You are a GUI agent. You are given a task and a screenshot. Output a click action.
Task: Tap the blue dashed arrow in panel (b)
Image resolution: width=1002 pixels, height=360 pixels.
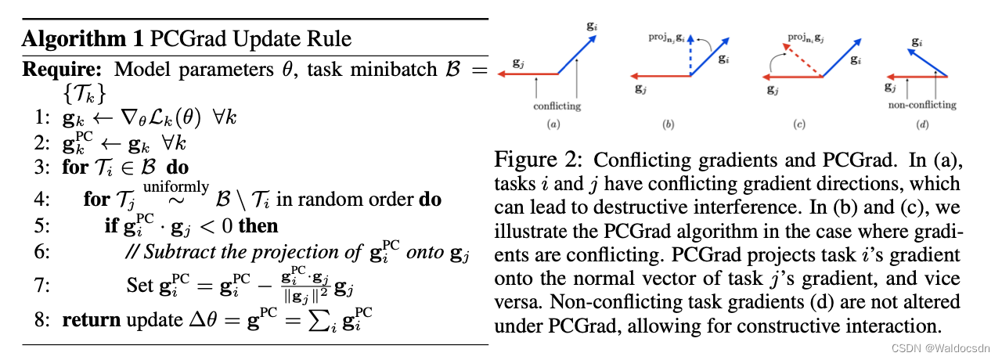[x=691, y=59]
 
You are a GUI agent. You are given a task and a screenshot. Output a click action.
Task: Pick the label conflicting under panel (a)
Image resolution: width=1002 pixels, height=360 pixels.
[x=557, y=105]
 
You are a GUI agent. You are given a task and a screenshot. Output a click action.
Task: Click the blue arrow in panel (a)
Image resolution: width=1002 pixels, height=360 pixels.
[x=575, y=54]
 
